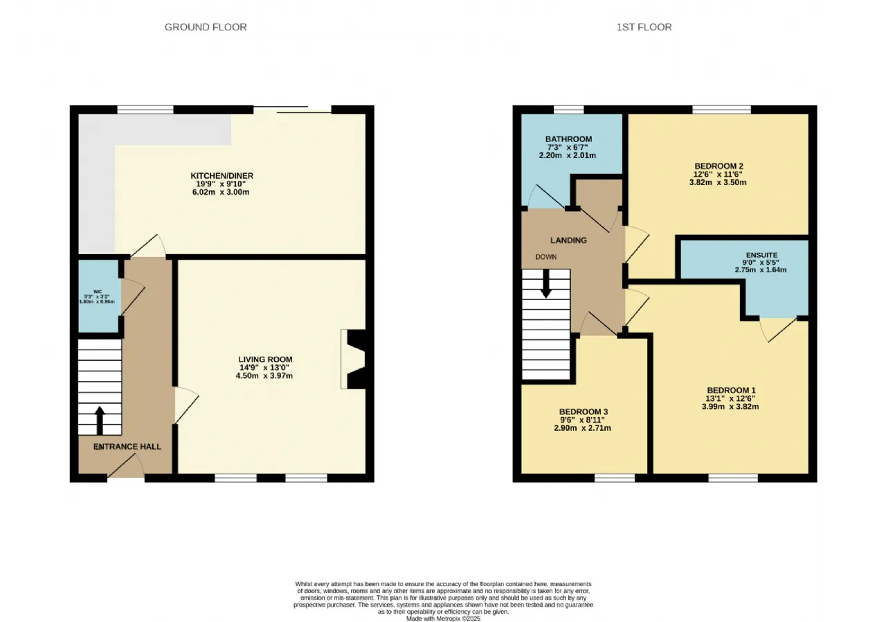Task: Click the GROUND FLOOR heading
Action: click(x=206, y=27)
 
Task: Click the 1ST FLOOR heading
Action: click(x=644, y=27)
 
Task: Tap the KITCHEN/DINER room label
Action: click(x=221, y=176)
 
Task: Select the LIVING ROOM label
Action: click(x=265, y=359)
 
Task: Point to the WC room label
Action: click(x=98, y=292)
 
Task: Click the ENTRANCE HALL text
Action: click(x=127, y=447)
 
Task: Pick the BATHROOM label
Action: click(x=568, y=139)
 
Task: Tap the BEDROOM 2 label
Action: click(x=718, y=166)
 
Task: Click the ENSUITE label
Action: click(x=761, y=255)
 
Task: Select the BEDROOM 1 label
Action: click(x=731, y=390)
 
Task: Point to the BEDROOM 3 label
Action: click(x=583, y=412)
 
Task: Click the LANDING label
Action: click(x=568, y=240)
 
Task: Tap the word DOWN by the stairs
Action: click(x=546, y=257)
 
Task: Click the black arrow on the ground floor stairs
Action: click(x=100, y=420)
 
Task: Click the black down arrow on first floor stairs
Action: click(x=546, y=284)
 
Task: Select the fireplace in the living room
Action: click(x=356, y=359)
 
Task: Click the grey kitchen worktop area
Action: click(x=118, y=158)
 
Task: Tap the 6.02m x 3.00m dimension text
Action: click(x=221, y=193)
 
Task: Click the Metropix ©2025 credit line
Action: click(x=443, y=619)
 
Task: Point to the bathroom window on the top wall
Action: click(x=568, y=109)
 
